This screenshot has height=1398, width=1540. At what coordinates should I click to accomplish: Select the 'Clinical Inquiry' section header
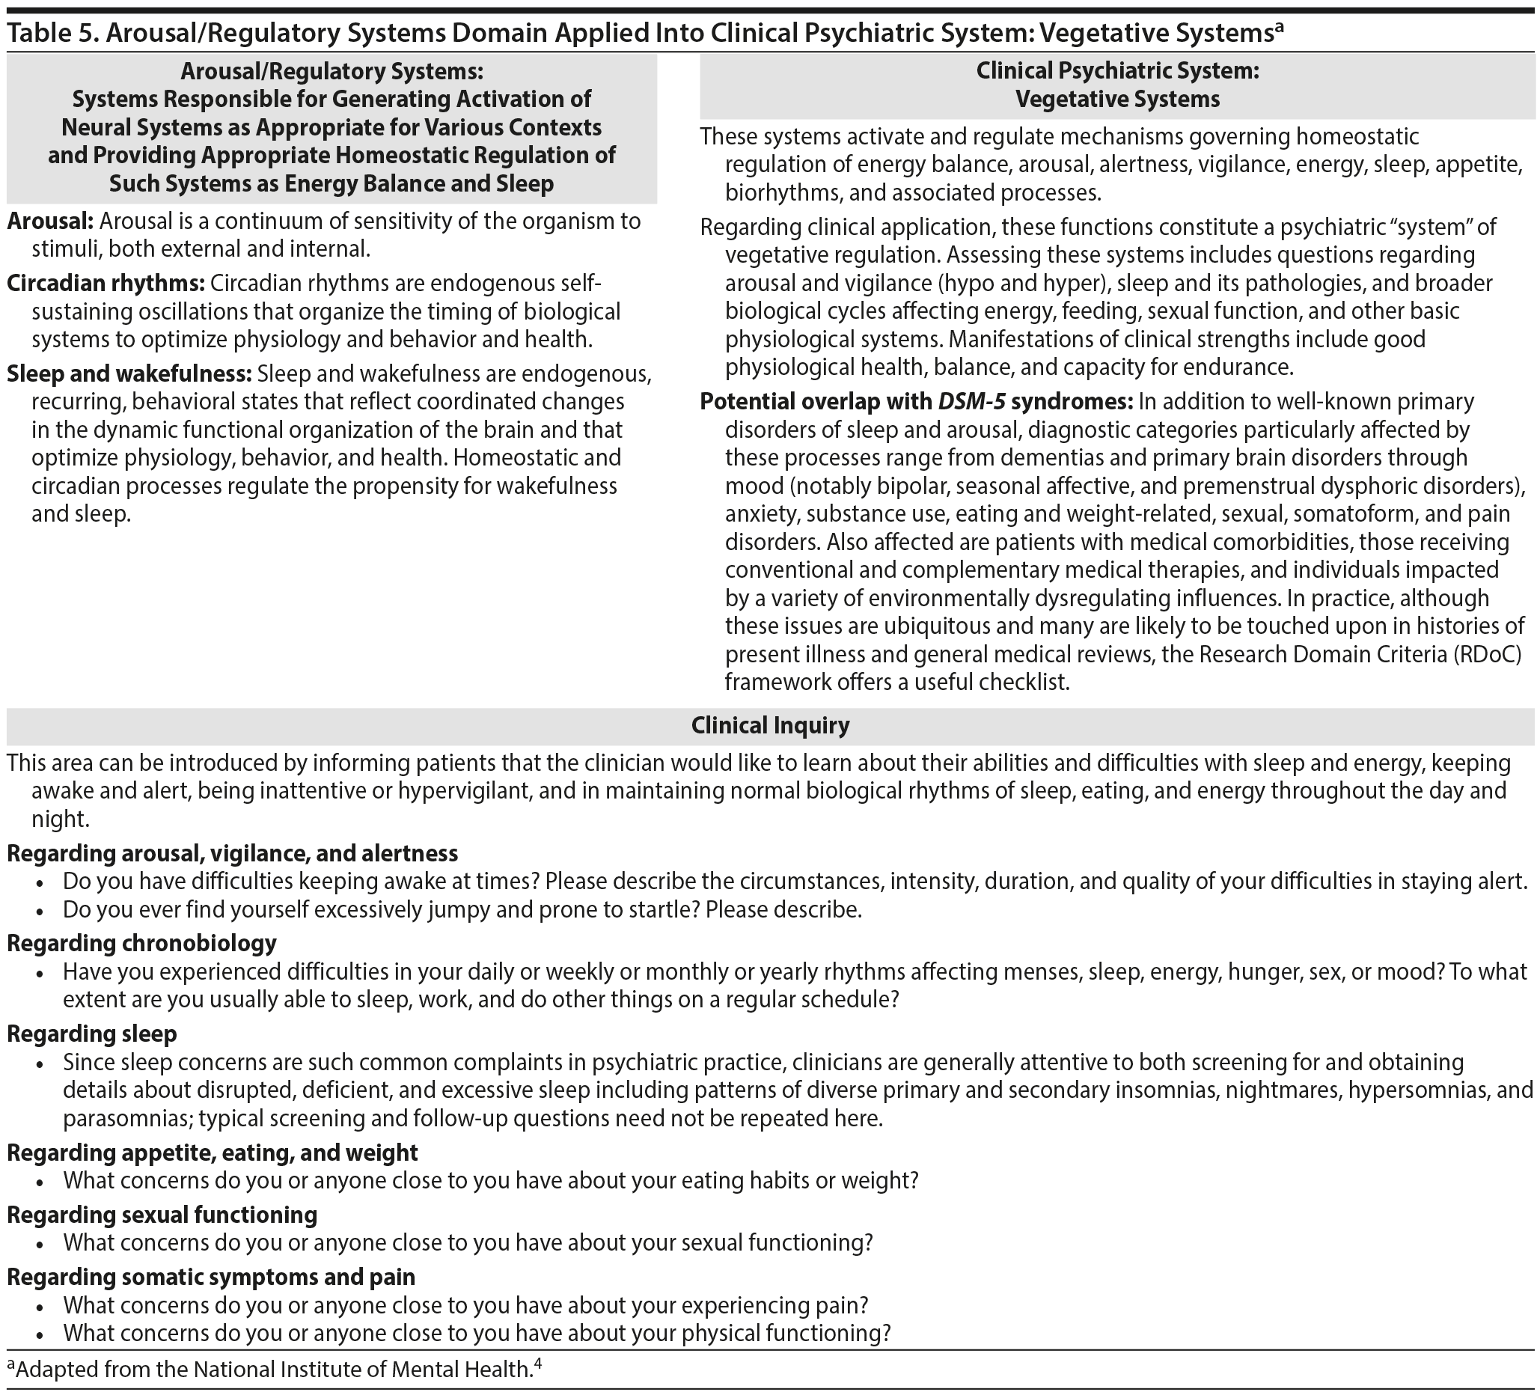(770, 725)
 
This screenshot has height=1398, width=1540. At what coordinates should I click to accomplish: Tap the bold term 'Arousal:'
(50, 222)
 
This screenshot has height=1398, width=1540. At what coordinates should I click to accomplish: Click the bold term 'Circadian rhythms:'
(106, 284)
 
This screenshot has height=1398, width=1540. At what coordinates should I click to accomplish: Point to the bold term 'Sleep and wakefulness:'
(129, 374)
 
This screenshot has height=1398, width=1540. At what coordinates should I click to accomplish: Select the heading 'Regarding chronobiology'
(141, 944)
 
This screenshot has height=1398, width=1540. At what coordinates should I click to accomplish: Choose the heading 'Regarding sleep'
(91, 1034)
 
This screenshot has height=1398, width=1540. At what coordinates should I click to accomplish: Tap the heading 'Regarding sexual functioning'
(162, 1215)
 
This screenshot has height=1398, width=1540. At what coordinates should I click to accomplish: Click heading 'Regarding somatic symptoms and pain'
(211, 1277)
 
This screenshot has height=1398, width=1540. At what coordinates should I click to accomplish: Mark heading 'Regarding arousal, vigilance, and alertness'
(232, 852)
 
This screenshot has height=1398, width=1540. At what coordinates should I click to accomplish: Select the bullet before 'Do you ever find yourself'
(40, 912)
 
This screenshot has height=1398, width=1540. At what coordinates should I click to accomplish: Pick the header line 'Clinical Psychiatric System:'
(1116, 71)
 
